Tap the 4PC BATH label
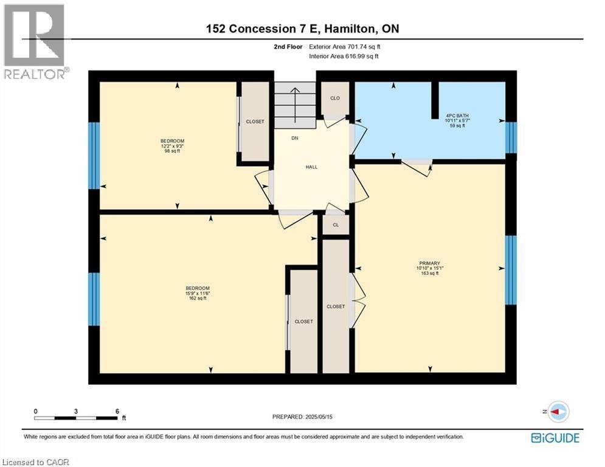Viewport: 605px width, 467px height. [x=457, y=115]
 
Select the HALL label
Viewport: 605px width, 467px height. [x=311, y=167]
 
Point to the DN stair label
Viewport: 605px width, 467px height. [x=294, y=139]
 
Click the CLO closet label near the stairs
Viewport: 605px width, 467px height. [x=334, y=98]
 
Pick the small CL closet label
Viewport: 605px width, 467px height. [x=335, y=224]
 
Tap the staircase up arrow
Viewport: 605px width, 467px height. [x=295, y=97]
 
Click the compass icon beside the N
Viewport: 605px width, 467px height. [x=558, y=412]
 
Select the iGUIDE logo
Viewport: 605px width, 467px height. [x=555, y=437]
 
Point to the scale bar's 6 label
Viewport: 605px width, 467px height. [x=117, y=411]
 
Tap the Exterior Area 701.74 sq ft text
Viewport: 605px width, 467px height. [x=345, y=46]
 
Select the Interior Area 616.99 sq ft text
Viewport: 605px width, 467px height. [x=345, y=56]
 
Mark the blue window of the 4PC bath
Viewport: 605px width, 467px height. [x=511, y=137]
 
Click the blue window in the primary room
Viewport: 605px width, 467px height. [x=511, y=269]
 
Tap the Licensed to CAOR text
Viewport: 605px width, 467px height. [x=36, y=462]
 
